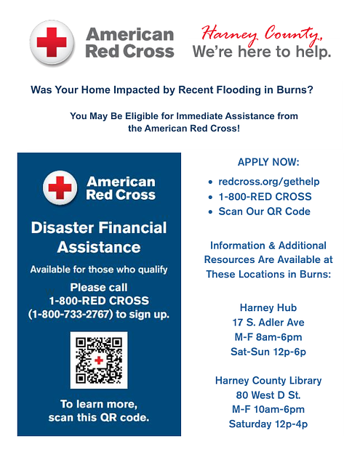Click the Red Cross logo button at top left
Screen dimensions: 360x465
(52, 43)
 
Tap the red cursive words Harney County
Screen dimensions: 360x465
(262, 33)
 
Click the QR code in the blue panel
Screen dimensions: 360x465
(98, 360)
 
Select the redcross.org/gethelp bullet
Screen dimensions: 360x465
(269, 181)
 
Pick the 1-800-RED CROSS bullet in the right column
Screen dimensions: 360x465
(265, 196)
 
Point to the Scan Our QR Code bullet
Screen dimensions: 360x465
(264, 211)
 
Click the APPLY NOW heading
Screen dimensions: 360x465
(268, 162)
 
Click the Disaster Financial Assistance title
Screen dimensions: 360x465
(99, 238)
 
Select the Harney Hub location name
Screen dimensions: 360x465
(268, 307)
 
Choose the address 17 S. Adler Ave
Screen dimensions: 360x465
(268, 322)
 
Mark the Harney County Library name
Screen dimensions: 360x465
(268, 381)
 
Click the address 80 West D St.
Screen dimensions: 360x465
(268, 395)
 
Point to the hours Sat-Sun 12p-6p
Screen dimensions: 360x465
(268, 351)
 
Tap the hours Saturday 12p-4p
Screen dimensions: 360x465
(268, 424)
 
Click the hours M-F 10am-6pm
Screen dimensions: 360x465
(268, 410)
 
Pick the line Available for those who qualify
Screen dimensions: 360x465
(99, 270)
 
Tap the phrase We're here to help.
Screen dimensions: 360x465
(262, 52)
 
